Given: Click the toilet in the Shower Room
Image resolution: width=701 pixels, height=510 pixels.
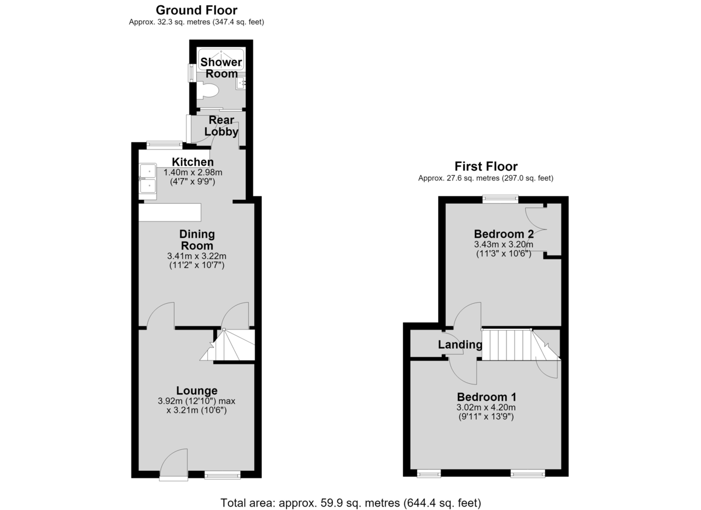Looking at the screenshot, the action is [x=208, y=91].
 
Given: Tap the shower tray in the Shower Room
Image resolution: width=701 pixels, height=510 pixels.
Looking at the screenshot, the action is [x=221, y=60].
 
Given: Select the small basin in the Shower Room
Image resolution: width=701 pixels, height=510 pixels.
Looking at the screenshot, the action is [x=241, y=84].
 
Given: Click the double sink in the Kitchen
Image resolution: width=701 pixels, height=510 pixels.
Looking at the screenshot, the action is [x=148, y=181].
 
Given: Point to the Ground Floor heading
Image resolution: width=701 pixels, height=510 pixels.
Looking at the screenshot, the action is [x=196, y=11].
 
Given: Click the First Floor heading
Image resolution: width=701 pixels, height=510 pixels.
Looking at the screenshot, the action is [x=486, y=166].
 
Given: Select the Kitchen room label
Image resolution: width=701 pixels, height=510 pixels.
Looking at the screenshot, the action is [x=193, y=162].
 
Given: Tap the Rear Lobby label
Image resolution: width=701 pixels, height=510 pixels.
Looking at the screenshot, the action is [x=221, y=126].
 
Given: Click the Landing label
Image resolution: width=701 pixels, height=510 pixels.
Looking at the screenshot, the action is [x=460, y=345].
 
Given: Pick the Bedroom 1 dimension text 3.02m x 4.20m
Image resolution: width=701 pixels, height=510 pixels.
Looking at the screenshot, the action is [x=486, y=407].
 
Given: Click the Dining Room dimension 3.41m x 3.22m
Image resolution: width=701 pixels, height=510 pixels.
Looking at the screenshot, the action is [x=196, y=256].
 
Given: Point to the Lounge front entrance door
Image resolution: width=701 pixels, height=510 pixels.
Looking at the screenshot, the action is [x=173, y=464].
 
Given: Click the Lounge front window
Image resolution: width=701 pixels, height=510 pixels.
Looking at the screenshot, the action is [x=223, y=475].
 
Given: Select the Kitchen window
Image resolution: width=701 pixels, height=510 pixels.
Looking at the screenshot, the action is [x=165, y=145].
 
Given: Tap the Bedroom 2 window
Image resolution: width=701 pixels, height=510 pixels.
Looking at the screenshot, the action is [x=501, y=199].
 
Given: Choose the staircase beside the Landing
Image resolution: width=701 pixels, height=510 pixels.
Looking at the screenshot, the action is [x=521, y=345].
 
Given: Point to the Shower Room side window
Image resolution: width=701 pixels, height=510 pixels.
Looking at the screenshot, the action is [x=191, y=73].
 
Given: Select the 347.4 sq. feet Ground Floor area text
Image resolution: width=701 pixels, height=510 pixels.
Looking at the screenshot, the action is [x=238, y=22].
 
